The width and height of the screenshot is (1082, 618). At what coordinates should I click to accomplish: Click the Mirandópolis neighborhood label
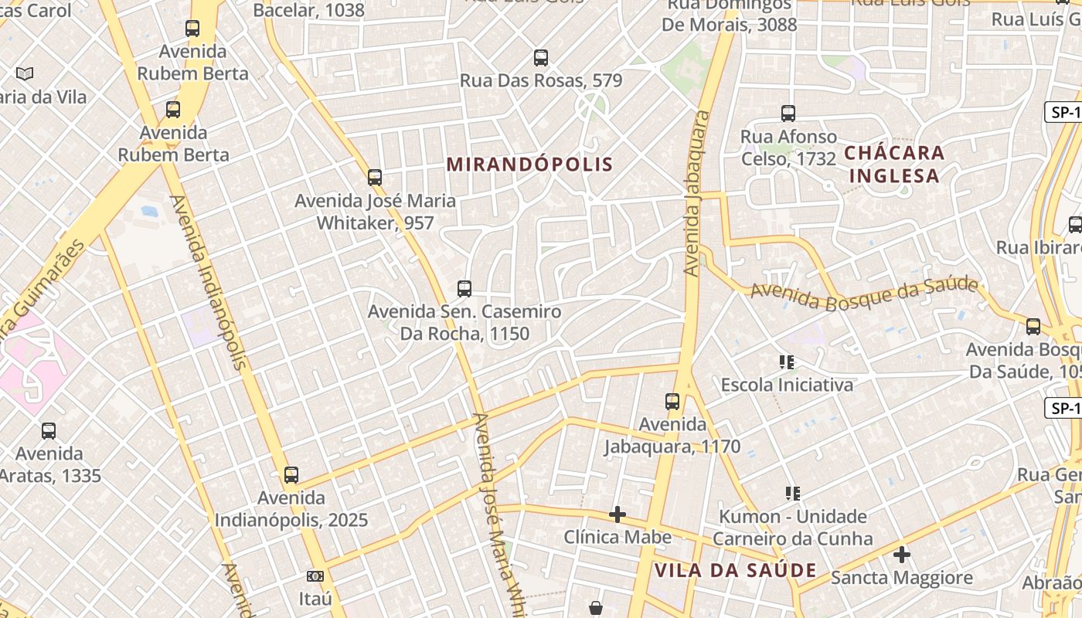529,165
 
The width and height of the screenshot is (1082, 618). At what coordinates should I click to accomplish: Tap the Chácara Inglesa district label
894,164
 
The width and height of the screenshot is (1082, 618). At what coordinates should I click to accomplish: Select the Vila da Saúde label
735,571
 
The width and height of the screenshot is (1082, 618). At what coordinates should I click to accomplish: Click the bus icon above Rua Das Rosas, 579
541,58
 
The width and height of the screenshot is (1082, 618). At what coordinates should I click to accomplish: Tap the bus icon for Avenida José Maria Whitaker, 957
375,178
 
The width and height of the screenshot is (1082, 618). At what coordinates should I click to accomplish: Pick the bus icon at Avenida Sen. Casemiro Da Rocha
464,289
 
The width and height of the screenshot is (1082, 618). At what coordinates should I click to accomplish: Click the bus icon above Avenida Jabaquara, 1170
672,402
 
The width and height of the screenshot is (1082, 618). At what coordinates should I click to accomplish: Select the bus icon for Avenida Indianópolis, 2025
291,475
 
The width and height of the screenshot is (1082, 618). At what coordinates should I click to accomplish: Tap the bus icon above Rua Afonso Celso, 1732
788,114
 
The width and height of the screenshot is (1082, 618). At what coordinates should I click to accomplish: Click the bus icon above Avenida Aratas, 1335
49,431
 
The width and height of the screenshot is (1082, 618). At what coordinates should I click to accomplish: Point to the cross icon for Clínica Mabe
617,514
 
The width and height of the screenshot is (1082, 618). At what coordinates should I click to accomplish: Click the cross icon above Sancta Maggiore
901,555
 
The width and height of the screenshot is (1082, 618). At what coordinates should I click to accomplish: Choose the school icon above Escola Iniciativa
787,362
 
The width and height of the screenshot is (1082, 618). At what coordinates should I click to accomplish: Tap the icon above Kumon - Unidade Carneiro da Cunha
792,493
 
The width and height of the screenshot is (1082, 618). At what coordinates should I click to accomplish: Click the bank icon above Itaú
315,576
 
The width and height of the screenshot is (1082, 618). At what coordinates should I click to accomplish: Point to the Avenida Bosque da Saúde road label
864,291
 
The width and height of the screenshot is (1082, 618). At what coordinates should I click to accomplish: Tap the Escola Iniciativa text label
787,385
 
